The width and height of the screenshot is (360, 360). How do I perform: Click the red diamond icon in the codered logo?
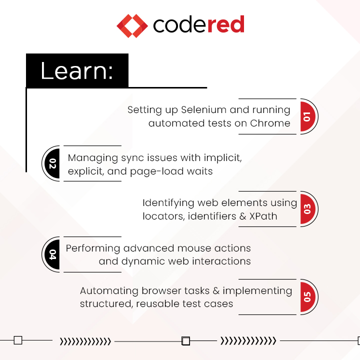pyautogui.click(x=132, y=25)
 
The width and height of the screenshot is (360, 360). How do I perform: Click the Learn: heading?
pyautogui.click(x=76, y=71)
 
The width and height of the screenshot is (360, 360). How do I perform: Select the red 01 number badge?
pyautogui.click(x=307, y=116)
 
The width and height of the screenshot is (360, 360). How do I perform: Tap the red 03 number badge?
pyautogui.click(x=307, y=209)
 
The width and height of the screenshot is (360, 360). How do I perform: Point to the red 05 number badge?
pyautogui.click(x=307, y=297)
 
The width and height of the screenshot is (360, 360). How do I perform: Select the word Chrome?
pyautogui.click(x=271, y=123)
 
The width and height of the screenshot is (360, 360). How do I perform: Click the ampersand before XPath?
pyautogui.click(x=238, y=216)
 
